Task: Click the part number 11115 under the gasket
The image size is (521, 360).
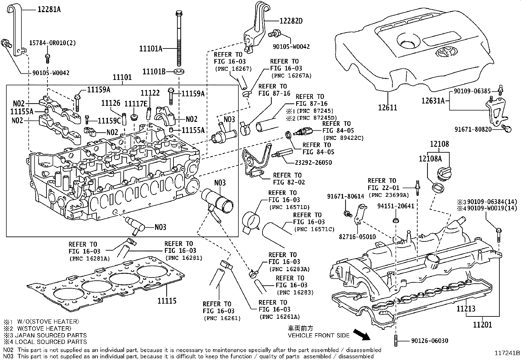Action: pos(167,301)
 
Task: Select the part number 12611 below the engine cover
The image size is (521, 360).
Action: pos(387,107)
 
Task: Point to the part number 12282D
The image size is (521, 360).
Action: pos(291,21)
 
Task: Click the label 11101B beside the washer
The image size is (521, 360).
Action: pos(154,71)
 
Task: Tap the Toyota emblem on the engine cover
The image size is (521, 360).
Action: pos(445,53)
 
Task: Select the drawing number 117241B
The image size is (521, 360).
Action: pos(507,353)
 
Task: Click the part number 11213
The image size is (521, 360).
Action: pos(466,309)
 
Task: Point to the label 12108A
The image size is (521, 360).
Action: pos(430,159)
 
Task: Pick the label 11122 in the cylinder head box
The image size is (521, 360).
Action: pos(150,93)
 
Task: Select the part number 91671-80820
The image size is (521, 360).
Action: pos(473,129)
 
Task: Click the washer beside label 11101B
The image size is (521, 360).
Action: pos(179,71)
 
